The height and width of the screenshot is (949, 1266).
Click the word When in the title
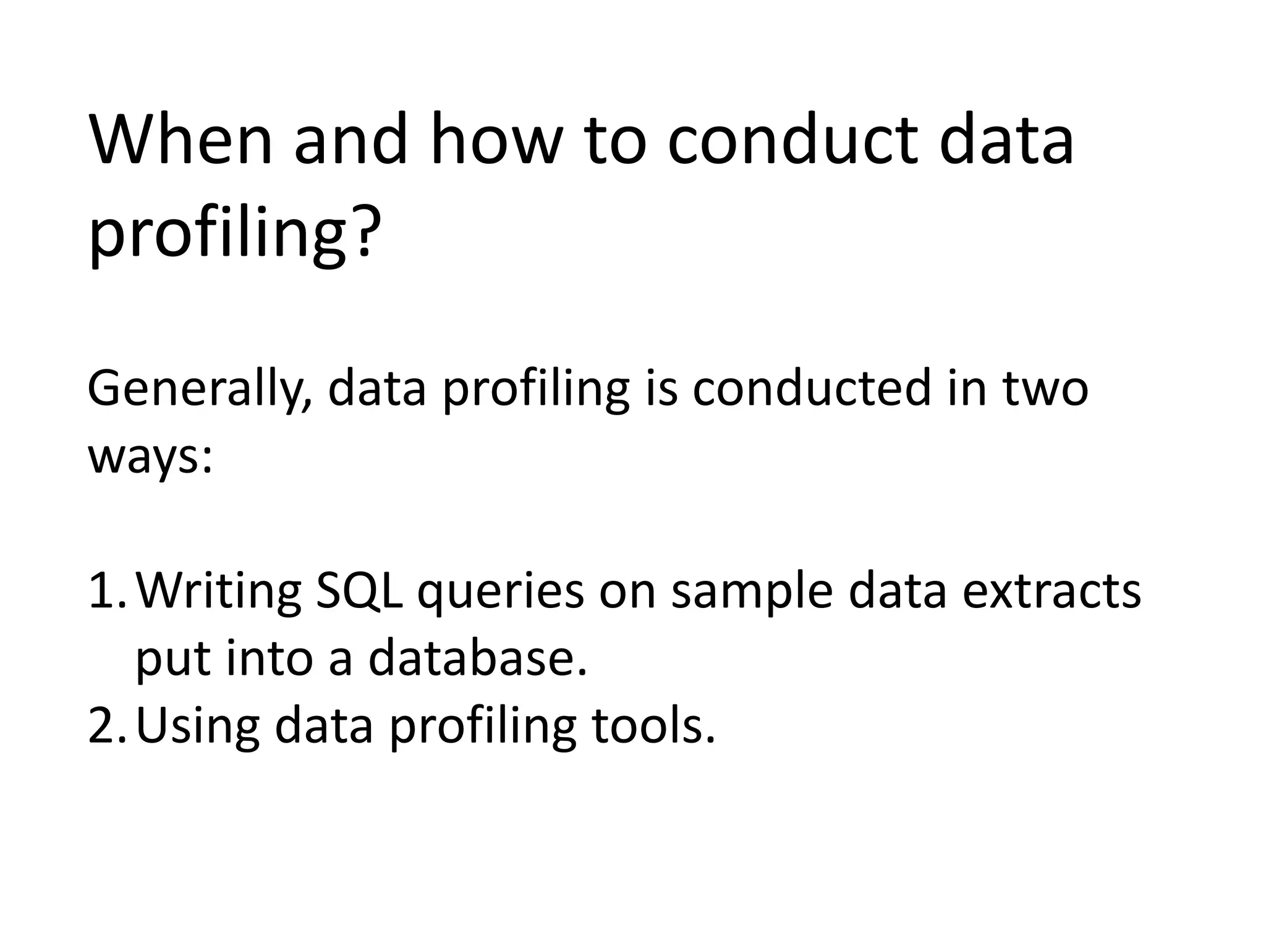click(181, 140)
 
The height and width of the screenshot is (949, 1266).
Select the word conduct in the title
click(792, 140)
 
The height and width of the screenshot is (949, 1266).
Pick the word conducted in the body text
click(810, 389)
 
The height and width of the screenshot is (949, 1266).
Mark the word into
click(270, 658)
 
